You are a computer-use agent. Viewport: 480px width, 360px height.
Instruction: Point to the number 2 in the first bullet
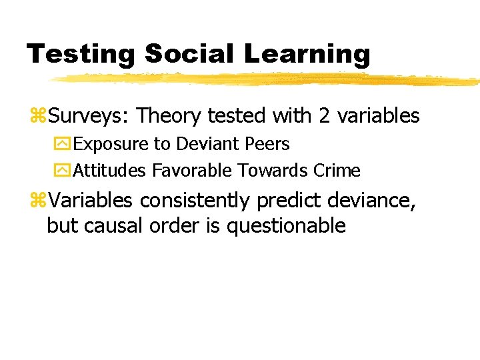pos(325,116)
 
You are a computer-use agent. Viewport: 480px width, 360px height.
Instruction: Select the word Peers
pos(268,144)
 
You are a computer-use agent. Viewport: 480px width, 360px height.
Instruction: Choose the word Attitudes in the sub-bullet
pos(109,171)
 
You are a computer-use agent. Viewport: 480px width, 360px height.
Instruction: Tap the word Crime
pos(337,171)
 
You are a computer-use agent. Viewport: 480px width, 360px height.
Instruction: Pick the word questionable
pos(286,226)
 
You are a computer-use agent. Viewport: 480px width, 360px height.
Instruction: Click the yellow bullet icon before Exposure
pos(61,145)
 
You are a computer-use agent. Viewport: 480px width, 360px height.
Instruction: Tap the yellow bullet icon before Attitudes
pos(61,171)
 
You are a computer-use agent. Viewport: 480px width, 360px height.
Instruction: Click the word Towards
pos(271,171)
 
